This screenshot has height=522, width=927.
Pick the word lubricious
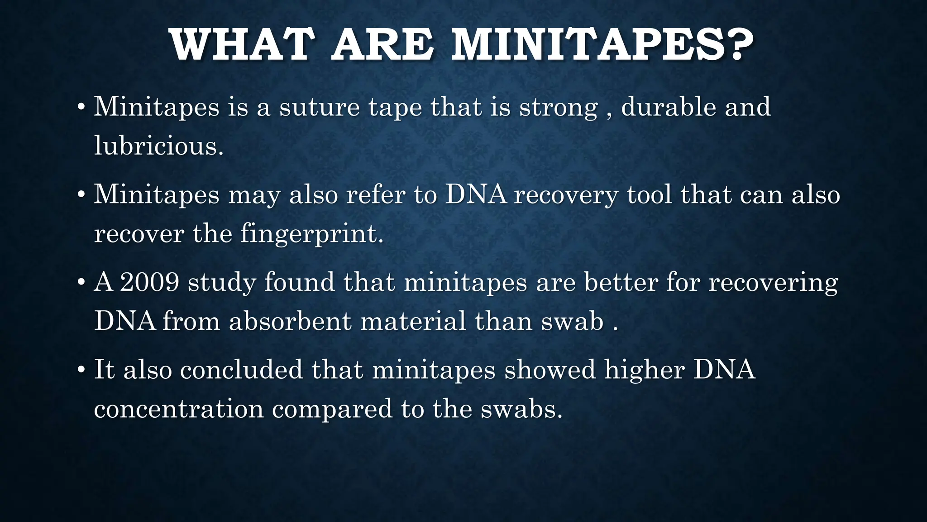point(158,146)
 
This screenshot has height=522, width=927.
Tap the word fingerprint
point(311,234)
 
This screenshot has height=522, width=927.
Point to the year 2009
point(150,282)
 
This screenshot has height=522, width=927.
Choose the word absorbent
point(290,321)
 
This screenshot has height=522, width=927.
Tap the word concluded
point(241,369)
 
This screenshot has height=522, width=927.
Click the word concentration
point(179,409)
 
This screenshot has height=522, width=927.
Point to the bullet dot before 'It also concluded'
point(81,370)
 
